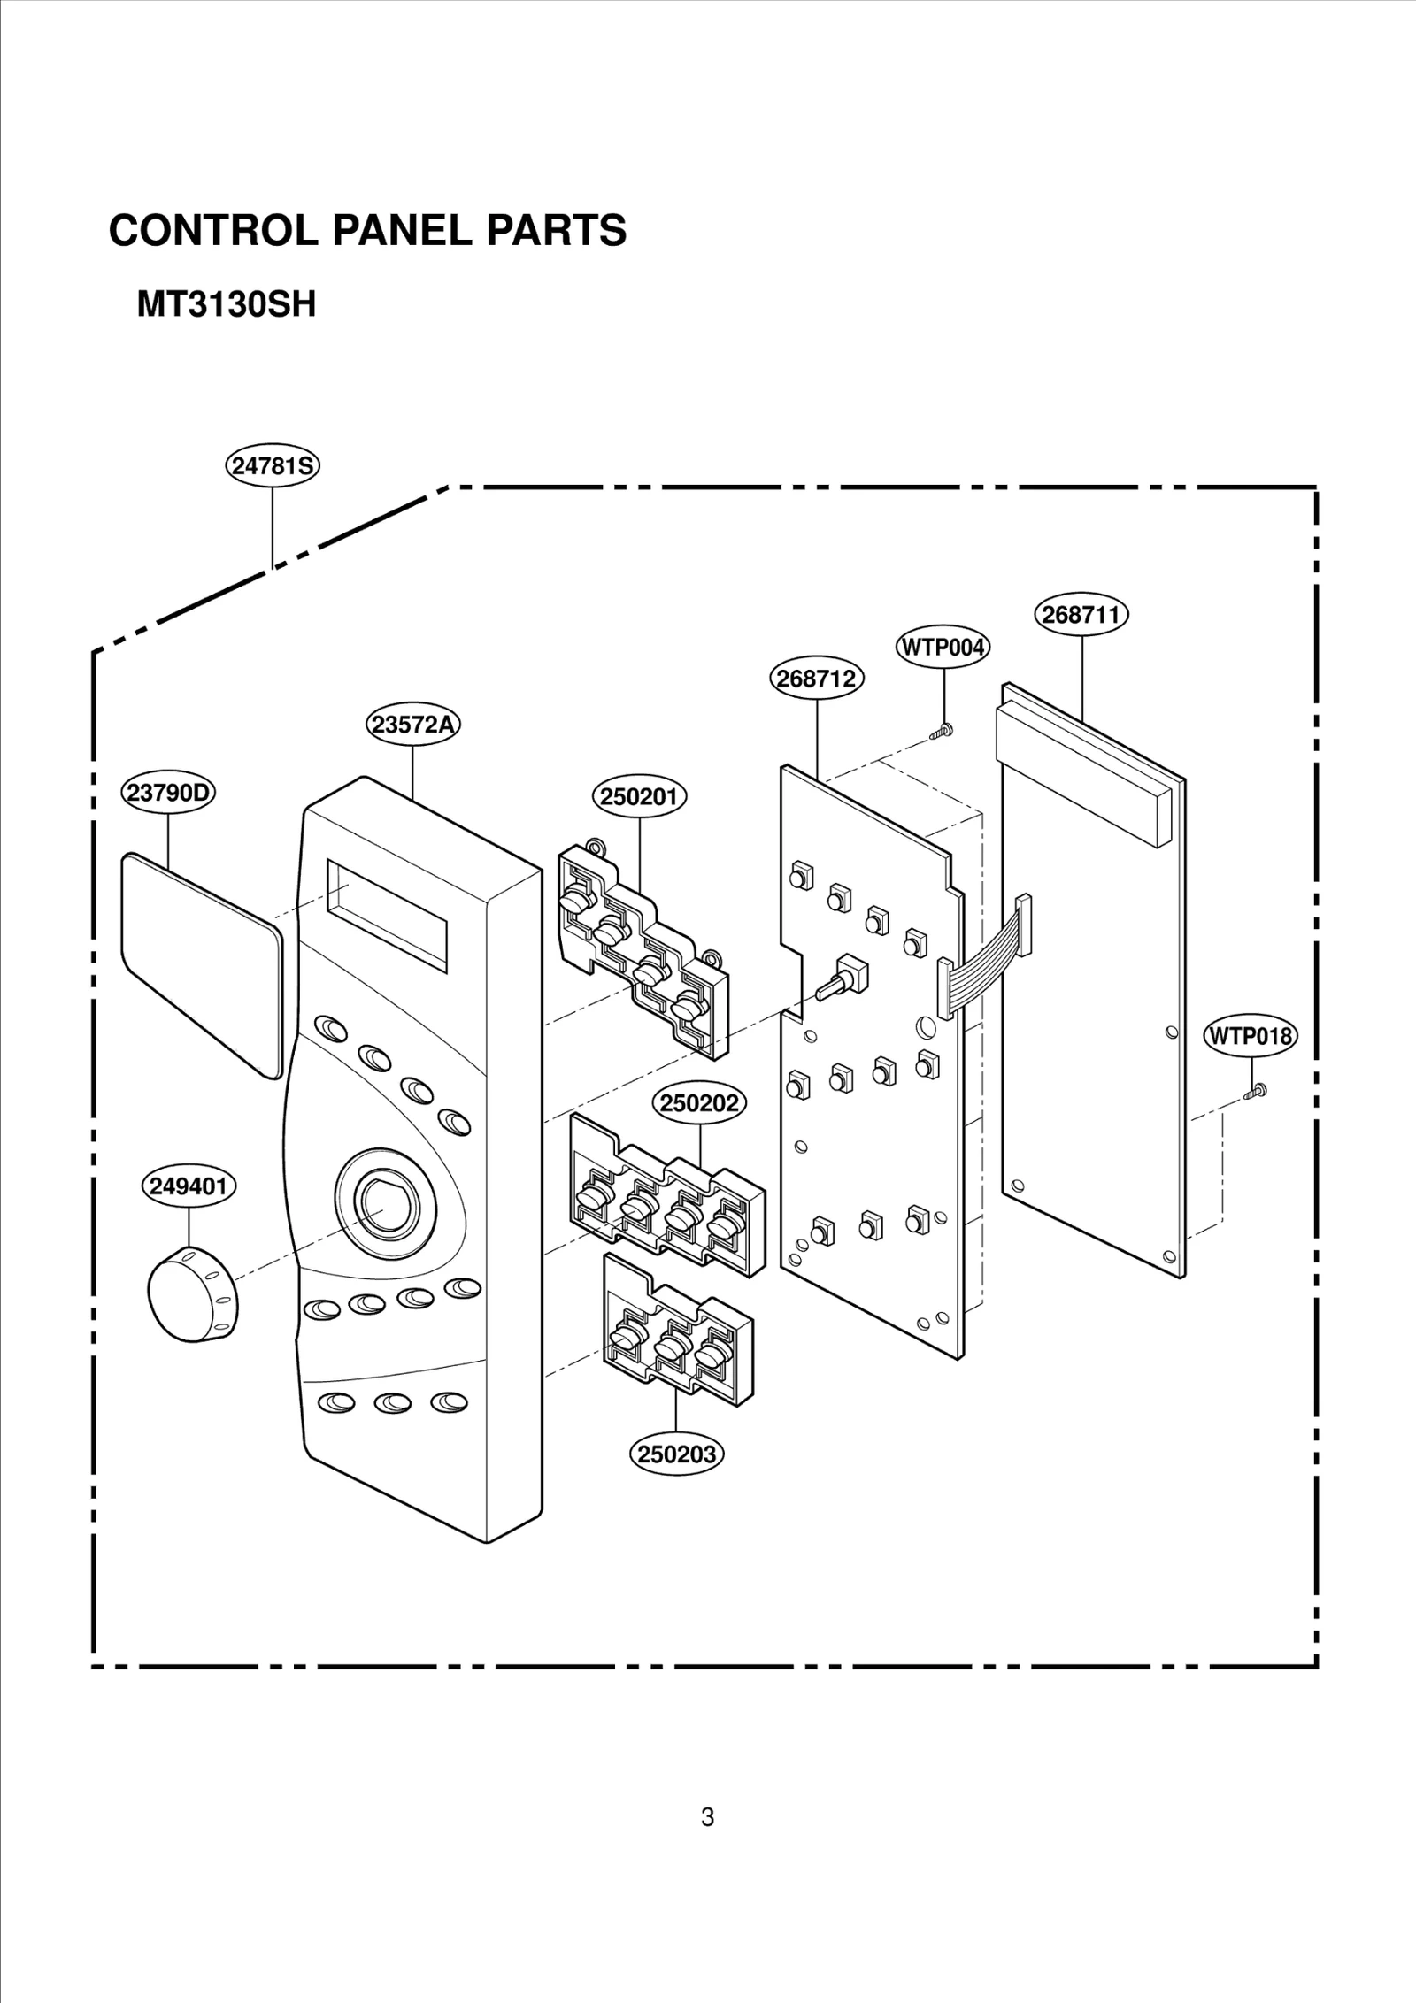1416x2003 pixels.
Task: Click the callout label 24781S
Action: point(272,466)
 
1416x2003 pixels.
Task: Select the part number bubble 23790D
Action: point(168,793)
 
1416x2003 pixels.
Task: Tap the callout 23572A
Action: point(413,725)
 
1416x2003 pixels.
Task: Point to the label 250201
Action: point(639,796)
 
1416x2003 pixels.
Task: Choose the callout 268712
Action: point(816,679)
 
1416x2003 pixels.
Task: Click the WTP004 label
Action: point(943,648)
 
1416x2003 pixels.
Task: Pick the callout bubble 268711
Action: point(1081,615)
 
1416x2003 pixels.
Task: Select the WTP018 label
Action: point(1251,1036)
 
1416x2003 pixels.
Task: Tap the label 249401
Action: point(189,1186)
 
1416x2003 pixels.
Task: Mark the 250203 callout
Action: point(677,1454)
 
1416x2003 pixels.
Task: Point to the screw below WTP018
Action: point(1255,1093)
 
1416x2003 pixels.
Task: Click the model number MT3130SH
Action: point(226,306)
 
